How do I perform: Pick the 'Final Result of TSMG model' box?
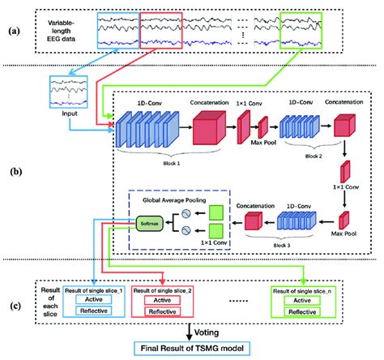(x=192, y=349)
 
